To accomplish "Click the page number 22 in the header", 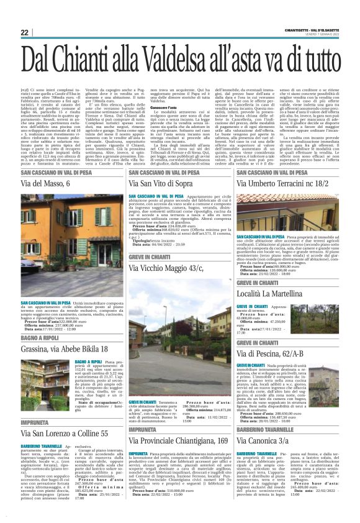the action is tap(25, 32).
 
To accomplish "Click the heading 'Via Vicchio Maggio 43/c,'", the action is tap(168, 268).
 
